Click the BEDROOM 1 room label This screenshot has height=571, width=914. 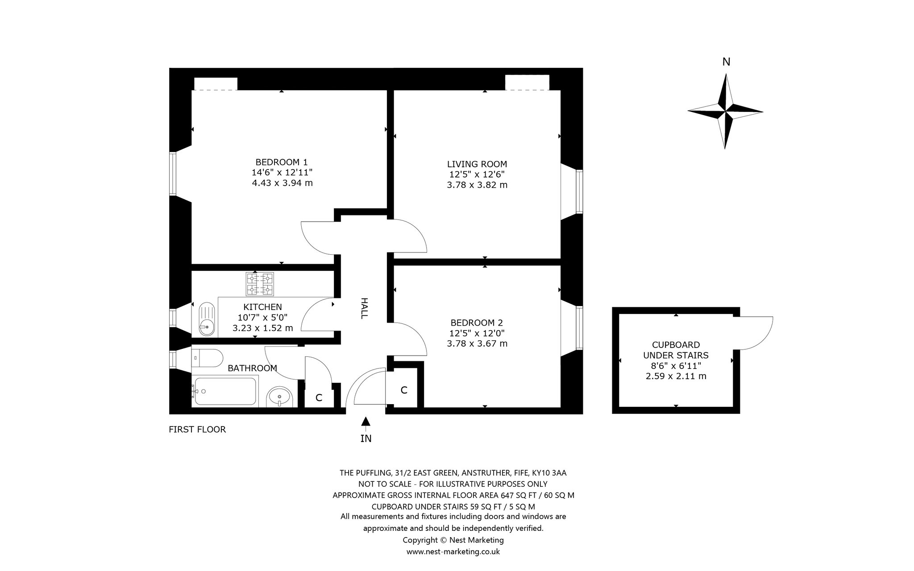pyautogui.click(x=281, y=162)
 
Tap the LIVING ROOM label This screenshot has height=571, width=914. pyautogui.click(x=477, y=164)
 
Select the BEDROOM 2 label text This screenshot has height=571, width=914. pyautogui.click(x=477, y=323)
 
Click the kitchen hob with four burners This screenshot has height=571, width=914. pyautogui.click(x=259, y=284)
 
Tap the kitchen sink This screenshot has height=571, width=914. pyautogui.click(x=206, y=319)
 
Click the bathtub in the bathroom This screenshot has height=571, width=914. pyautogui.click(x=225, y=391)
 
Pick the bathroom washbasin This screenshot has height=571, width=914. pyautogui.click(x=279, y=397)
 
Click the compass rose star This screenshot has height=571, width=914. pyautogui.click(x=725, y=111)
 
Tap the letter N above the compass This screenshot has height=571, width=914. pyautogui.click(x=726, y=62)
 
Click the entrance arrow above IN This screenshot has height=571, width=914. pyautogui.click(x=366, y=421)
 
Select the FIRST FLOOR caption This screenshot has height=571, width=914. pyautogui.click(x=197, y=430)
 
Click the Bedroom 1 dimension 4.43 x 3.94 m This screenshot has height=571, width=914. pyautogui.click(x=282, y=183)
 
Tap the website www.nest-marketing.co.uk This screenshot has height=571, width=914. pyautogui.click(x=453, y=552)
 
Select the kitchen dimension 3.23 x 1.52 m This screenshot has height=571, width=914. pyautogui.click(x=262, y=328)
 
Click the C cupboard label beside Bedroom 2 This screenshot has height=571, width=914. pyautogui.click(x=404, y=390)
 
